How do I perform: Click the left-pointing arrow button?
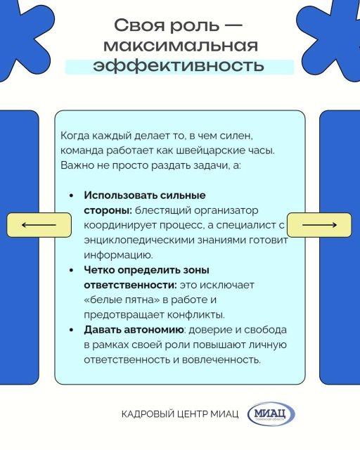[39, 225]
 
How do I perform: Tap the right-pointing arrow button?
[319, 225]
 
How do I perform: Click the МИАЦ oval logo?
[271, 414]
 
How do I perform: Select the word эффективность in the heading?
[179, 65]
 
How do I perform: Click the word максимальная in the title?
[181, 46]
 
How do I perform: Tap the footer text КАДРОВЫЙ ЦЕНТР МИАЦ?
[180, 414]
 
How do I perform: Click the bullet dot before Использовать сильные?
[71, 195]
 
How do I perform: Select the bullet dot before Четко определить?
[71, 270]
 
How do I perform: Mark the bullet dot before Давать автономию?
[71, 330]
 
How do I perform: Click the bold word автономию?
[154, 330]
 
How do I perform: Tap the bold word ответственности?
[130, 285]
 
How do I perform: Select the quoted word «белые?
[103, 300]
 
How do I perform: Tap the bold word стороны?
[108, 211]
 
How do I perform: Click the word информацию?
[118, 255]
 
